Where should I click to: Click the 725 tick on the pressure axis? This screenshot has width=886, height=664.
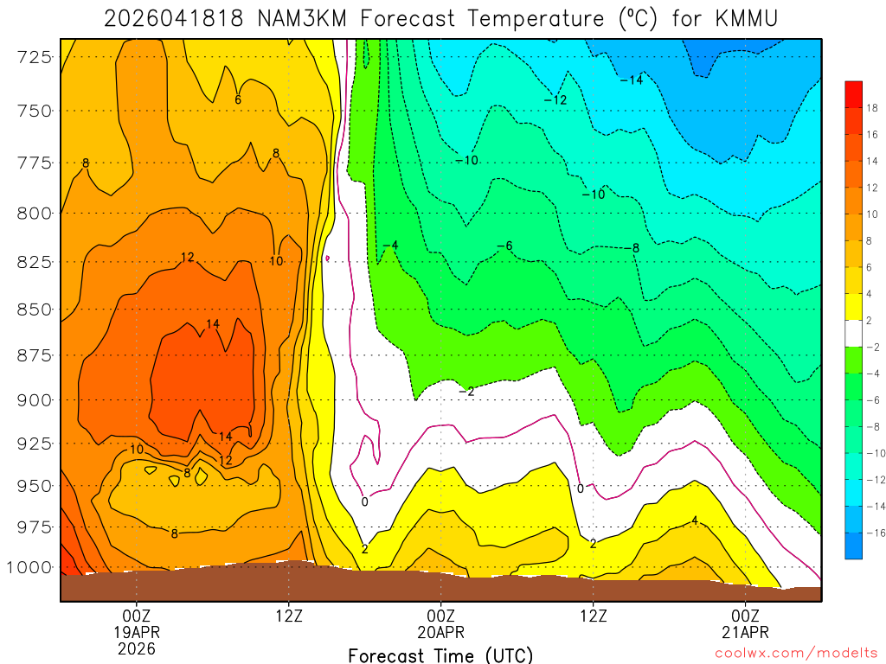tap(35, 57)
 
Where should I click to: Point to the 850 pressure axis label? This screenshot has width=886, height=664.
tap(35, 309)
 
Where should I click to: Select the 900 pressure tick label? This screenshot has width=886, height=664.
tap(35, 399)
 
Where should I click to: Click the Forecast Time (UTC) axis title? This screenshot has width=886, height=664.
tap(440, 654)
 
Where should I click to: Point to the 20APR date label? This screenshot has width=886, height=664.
tap(441, 631)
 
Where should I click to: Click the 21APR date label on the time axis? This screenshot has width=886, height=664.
tap(746, 631)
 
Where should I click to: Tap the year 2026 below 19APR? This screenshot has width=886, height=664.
tap(137, 648)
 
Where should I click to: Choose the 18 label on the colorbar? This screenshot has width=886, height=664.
tap(872, 108)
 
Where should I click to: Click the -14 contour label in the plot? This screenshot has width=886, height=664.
tap(632, 80)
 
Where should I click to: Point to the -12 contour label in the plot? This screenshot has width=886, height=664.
tap(555, 100)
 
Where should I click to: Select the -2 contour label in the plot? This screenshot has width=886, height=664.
tap(466, 392)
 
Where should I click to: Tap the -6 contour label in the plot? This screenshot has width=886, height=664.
tap(504, 246)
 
